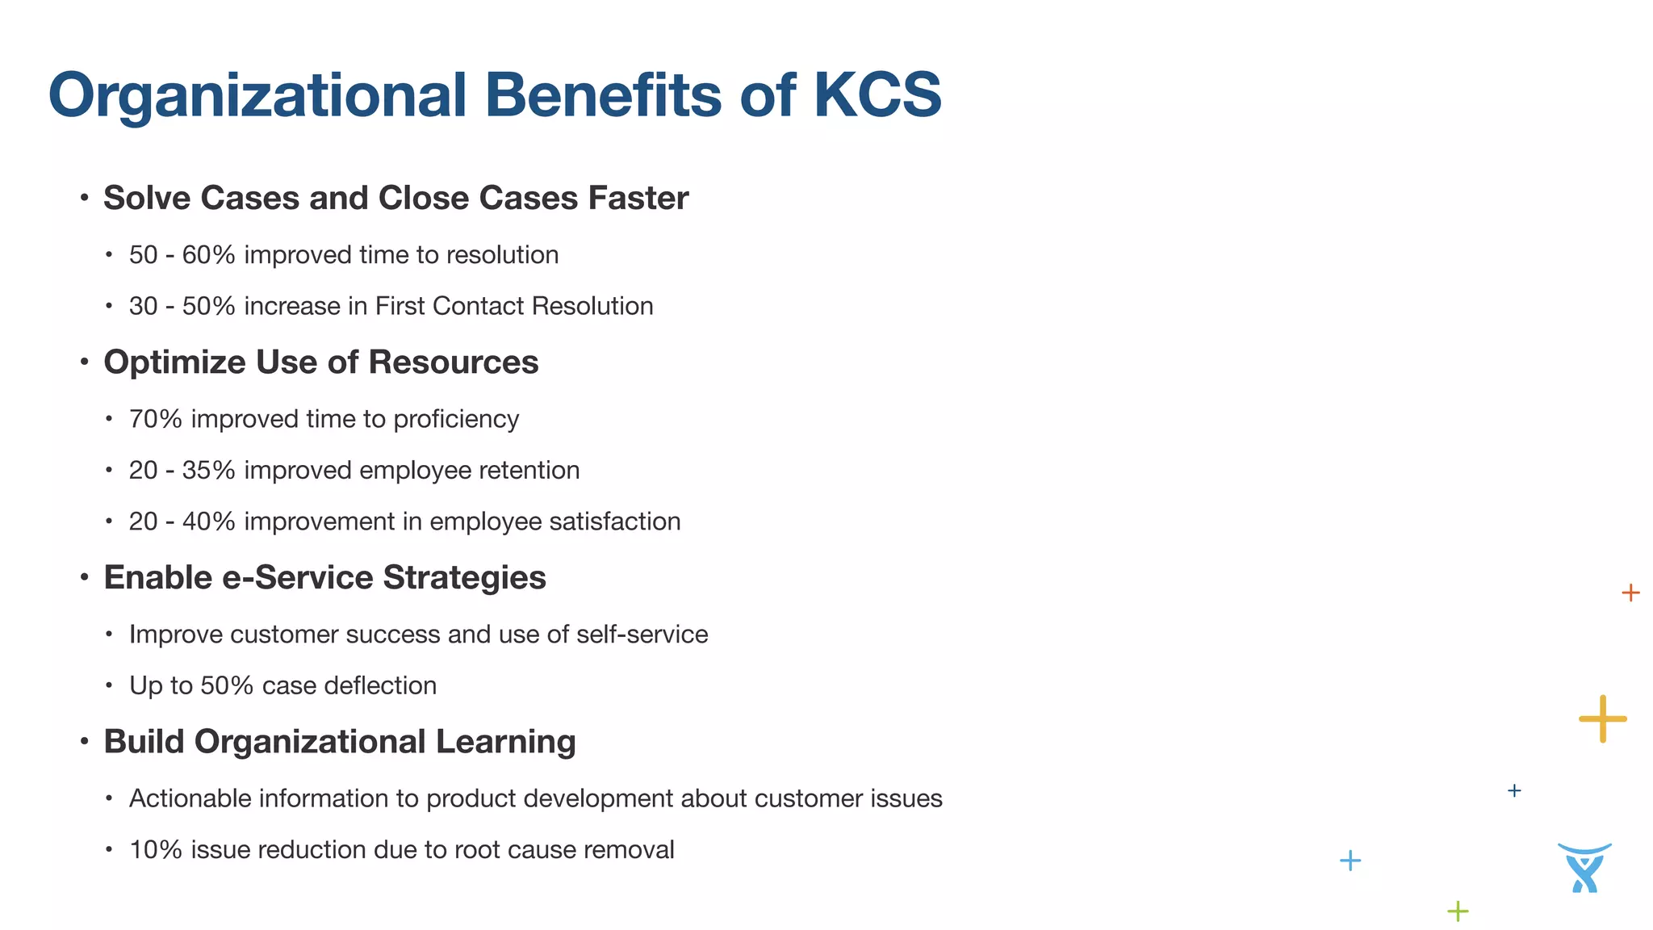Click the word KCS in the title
877,95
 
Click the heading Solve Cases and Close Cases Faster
395,199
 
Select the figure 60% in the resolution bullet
208,255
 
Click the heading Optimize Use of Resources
320,362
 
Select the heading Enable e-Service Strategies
324,578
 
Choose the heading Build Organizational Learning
339,742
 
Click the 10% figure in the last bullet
155,850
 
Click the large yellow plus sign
1602,718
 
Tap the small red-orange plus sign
1630,593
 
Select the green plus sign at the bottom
1458,911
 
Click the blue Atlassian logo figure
1584,868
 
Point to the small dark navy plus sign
1514,791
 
